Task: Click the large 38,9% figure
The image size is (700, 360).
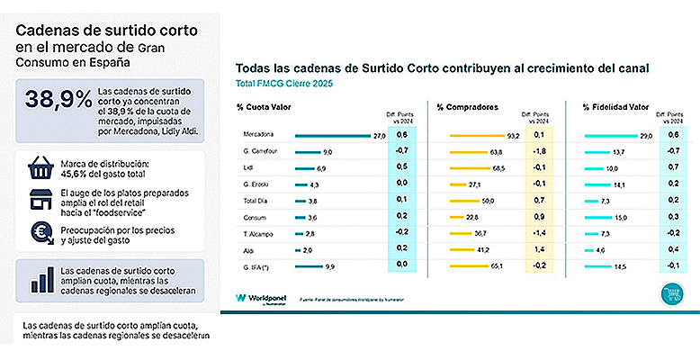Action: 56,101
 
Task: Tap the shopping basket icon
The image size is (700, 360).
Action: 40,170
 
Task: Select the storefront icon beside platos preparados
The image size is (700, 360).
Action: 40,202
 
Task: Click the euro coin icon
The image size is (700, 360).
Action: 40,233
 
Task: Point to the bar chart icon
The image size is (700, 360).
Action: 40,277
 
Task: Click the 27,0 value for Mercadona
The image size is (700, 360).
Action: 379,135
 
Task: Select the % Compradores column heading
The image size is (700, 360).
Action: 467,107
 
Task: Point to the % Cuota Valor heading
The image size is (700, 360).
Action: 265,107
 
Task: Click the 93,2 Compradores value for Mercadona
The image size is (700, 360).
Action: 514,135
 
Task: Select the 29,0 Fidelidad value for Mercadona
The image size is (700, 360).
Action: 645,135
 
